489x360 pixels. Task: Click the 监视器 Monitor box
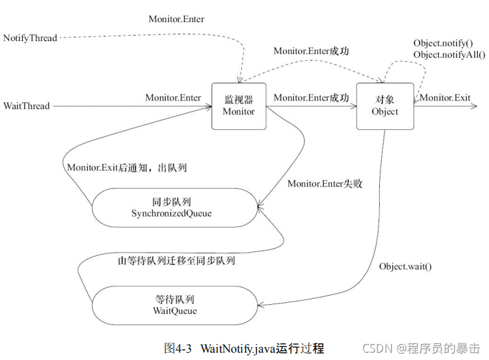pos(238,105)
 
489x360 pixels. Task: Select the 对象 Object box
pos(385,105)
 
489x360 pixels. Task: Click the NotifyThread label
pos(30,38)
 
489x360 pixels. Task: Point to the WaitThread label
pos(26,106)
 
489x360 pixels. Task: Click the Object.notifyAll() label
pos(445,55)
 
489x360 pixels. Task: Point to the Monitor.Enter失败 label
pos(325,183)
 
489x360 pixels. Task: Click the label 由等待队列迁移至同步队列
pos(177,261)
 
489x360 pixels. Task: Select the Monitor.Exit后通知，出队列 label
pos(126,167)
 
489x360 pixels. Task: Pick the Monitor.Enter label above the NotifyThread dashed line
pos(176,19)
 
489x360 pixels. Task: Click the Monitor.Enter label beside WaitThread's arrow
pos(173,98)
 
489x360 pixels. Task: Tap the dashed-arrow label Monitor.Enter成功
pos(311,52)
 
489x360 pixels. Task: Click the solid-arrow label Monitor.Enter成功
pos(311,98)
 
